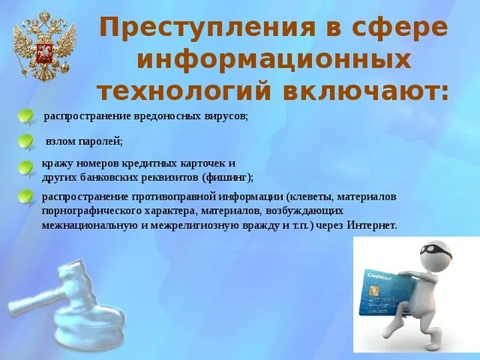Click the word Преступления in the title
click(x=207, y=28)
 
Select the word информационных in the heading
click(x=274, y=59)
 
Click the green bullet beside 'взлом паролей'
click(x=25, y=142)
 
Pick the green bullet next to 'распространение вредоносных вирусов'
click(x=25, y=117)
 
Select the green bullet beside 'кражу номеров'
click(x=25, y=169)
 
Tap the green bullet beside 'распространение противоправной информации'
click(x=25, y=197)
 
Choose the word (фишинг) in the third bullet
click(x=228, y=178)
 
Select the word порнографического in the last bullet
click(x=91, y=211)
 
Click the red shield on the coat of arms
click(x=44, y=52)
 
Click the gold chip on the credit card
click(x=373, y=291)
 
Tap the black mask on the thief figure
click(x=436, y=251)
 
